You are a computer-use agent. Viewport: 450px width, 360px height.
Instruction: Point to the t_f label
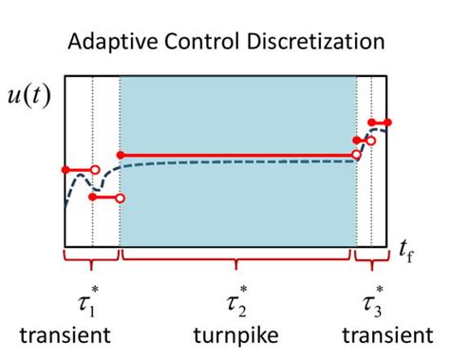(406, 252)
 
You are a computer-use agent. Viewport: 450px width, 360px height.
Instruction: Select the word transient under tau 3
(386, 334)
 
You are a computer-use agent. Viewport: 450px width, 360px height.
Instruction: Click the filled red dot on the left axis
(65, 170)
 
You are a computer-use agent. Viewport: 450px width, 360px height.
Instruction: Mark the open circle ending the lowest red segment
(120, 199)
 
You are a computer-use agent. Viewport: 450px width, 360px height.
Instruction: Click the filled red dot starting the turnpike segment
(120, 154)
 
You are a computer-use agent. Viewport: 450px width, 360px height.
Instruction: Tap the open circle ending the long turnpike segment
(357, 154)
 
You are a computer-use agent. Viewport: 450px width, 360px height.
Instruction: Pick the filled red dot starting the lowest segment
(92, 198)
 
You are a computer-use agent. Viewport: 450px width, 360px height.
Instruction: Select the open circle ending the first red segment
(92, 170)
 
